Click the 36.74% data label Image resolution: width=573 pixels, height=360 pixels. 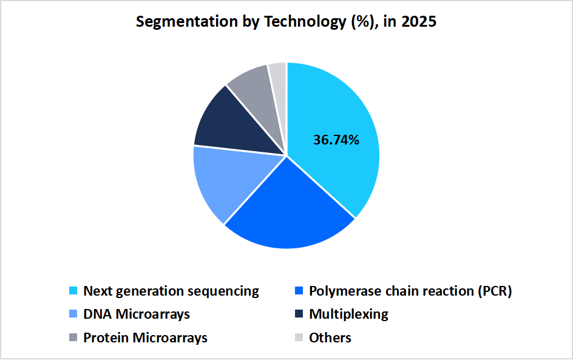point(336,140)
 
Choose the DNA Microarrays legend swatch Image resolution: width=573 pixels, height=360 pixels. point(73,314)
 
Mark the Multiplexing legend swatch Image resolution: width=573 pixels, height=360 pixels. point(299,314)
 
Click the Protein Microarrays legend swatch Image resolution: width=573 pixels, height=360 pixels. point(73,338)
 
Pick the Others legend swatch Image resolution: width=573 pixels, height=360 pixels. point(299,338)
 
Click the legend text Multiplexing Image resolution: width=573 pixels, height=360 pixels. point(348,314)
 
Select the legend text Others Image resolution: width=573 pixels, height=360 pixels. point(330,338)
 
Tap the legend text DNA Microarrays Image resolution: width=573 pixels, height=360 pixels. point(137,314)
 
